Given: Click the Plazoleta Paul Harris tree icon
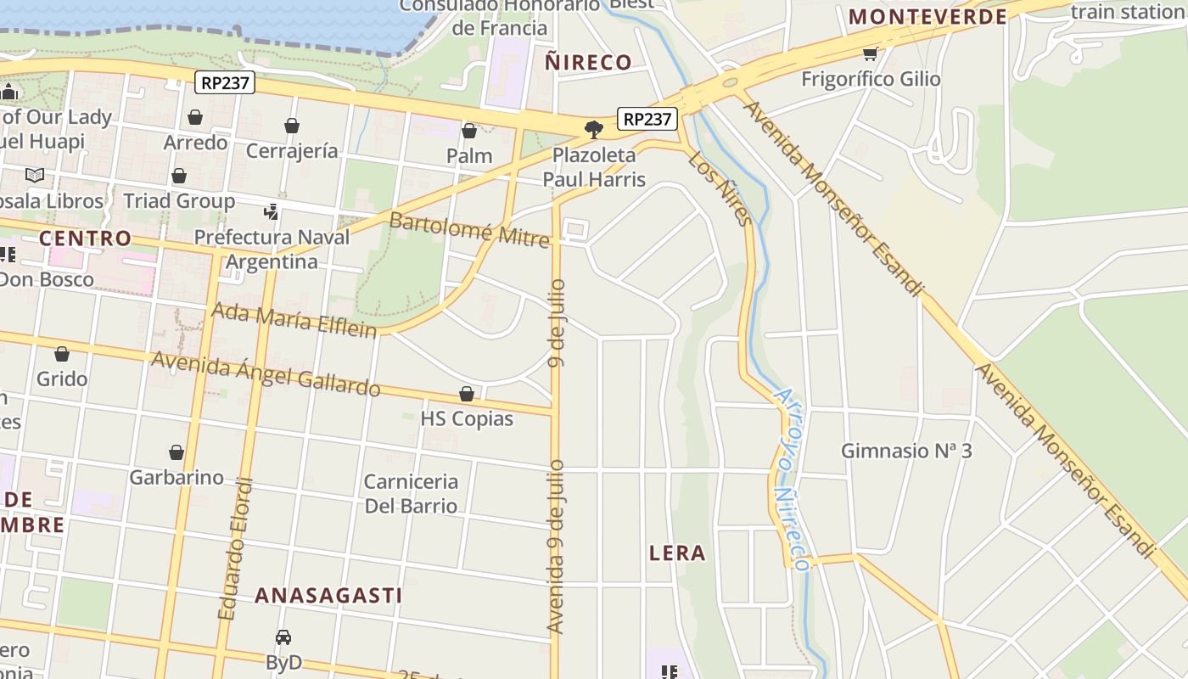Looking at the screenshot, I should click(594, 130).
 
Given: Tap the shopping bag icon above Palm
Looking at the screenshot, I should click(469, 131).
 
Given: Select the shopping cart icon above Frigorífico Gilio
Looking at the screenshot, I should click(870, 54).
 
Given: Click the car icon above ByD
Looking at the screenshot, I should click(283, 637).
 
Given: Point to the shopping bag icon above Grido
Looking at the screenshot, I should click(62, 354).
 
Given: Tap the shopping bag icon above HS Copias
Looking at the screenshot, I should click(467, 394).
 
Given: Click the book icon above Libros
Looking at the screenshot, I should click(35, 176).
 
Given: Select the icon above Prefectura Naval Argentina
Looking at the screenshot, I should click(272, 211).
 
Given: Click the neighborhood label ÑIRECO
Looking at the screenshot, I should click(588, 62).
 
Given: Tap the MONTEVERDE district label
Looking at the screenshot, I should click(927, 16).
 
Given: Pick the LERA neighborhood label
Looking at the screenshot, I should click(677, 553).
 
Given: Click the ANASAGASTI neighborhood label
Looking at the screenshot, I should click(328, 595).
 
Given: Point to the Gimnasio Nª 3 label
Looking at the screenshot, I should click(906, 451).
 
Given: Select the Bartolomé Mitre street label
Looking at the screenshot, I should click(469, 230).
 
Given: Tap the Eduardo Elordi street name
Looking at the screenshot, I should click(236, 549).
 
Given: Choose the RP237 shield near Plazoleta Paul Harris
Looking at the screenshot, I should click(647, 120).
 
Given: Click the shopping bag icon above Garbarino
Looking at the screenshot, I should click(177, 452).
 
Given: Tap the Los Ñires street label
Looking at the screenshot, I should click(720, 188).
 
